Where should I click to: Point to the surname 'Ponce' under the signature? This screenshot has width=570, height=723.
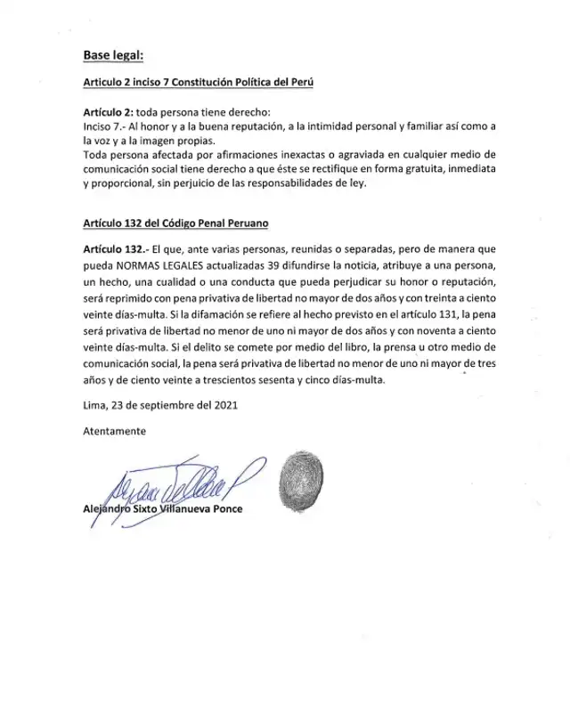[225, 509]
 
